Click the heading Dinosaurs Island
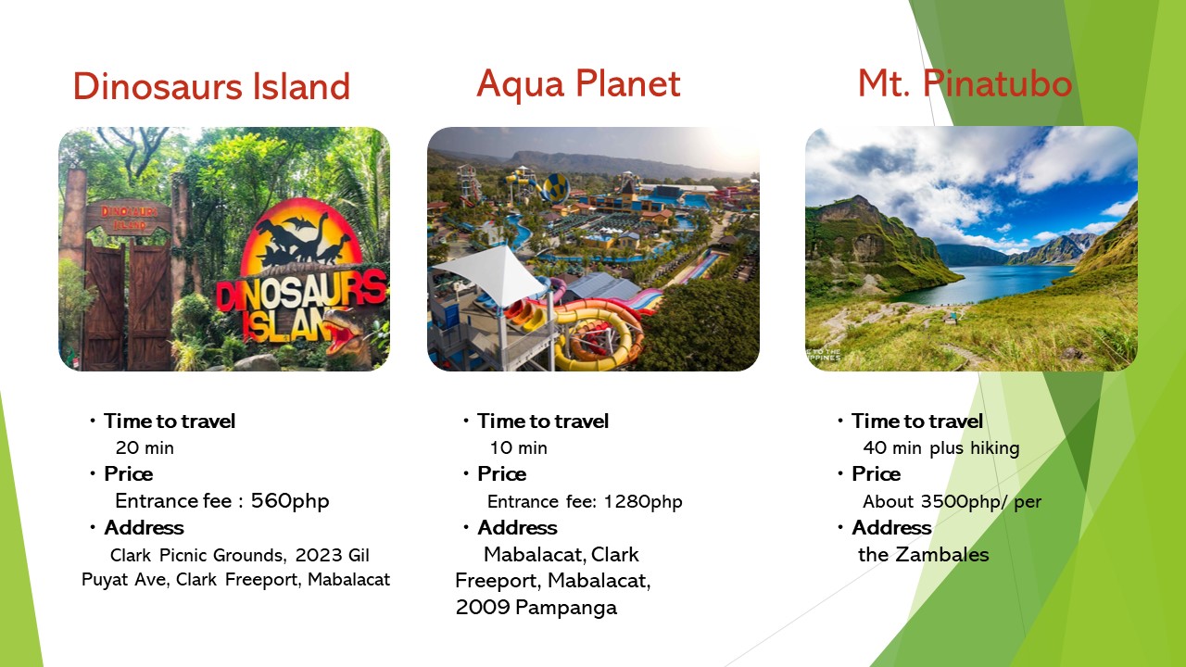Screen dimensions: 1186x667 coord(212,86)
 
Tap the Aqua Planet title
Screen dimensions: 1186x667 coord(578,83)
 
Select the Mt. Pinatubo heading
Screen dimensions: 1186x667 coord(965,83)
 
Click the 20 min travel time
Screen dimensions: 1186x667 coord(145,447)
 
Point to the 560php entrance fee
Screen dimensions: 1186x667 coord(290,501)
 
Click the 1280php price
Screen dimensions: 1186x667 coord(643,501)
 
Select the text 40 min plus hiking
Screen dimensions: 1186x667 coord(940,448)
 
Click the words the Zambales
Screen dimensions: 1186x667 coord(924,555)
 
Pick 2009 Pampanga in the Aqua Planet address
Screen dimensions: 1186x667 coord(536,608)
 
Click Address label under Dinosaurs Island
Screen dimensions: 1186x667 coord(144,528)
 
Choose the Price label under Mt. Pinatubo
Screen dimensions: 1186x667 coord(876,474)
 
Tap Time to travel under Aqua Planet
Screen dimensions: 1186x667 coord(543,422)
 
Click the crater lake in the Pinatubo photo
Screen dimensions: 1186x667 coord(985,283)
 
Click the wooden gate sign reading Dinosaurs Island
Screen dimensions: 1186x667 coord(129,218)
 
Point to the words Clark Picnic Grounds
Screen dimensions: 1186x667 coord(198,555)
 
